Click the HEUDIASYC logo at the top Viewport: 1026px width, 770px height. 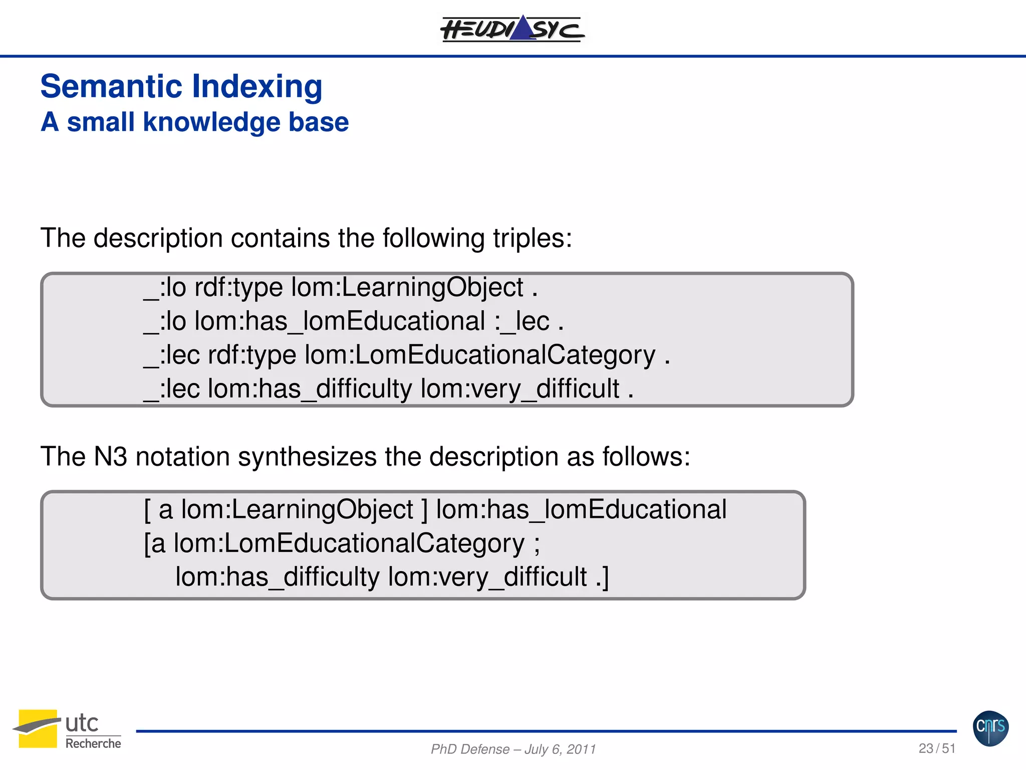512,29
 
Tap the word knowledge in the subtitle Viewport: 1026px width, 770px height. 211,122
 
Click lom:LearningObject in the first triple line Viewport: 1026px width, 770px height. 407,288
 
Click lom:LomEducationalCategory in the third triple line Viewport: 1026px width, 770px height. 479,355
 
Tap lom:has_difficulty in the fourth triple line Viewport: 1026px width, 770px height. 310,389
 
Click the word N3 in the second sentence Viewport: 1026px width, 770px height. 110,457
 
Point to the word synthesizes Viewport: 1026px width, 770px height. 307,457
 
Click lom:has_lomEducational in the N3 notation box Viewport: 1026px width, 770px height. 581,509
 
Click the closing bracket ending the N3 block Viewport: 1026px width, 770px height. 606,576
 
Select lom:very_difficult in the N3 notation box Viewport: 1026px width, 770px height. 487,576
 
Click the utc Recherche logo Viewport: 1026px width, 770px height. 68,729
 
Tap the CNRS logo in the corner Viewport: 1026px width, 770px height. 990,728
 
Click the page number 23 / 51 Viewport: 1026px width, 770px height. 936,748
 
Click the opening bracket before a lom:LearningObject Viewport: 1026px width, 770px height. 147,509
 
